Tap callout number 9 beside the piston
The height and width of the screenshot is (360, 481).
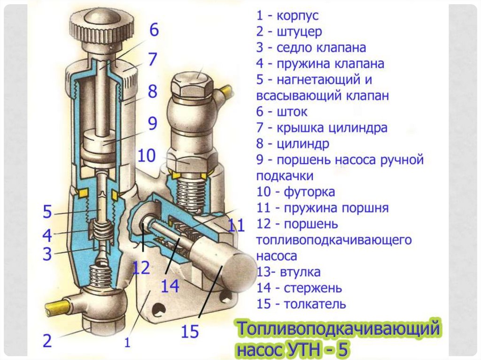point(152,123)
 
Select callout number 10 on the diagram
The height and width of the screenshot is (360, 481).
point(147,155)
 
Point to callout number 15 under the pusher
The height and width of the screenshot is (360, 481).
point(191,332)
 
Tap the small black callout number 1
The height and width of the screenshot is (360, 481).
point(127,343)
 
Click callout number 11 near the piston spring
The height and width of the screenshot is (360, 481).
point(237,226)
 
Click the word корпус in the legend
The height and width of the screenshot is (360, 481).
point(297,15)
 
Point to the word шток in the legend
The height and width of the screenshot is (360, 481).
point(292,112)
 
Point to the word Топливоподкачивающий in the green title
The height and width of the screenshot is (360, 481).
point(338,329)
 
